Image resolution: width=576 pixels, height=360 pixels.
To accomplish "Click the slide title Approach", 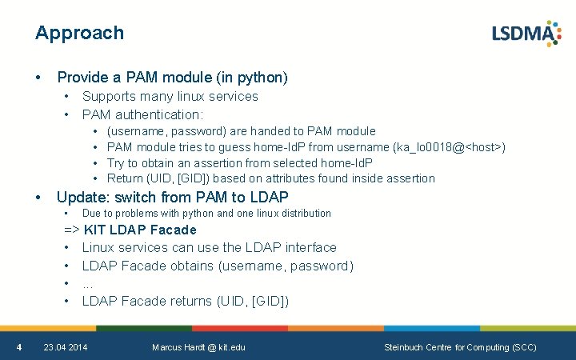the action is tap(79, 33).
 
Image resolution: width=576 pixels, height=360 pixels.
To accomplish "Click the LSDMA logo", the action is tap(526, 34).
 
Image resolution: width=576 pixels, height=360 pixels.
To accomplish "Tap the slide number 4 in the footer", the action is tap(19, 347).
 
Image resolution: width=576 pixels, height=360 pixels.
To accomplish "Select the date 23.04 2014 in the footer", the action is tap(66, 347).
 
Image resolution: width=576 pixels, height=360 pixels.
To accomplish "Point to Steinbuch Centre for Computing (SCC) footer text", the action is tap(460, 347).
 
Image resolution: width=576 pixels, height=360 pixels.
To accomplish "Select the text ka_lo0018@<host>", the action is tap(449, 147).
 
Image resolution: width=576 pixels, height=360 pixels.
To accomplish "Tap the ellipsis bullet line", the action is tap(88, 284).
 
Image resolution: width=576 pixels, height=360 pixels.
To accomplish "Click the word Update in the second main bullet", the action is tap(81, 197).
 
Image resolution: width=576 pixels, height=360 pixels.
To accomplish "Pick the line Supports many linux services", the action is tap(170, 97).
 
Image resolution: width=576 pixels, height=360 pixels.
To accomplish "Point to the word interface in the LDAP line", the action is tap(308, 248).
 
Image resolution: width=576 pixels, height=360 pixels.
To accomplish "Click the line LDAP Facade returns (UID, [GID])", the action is tap(185, 302).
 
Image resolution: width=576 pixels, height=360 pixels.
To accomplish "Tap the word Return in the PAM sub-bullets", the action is tap(125, 178).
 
